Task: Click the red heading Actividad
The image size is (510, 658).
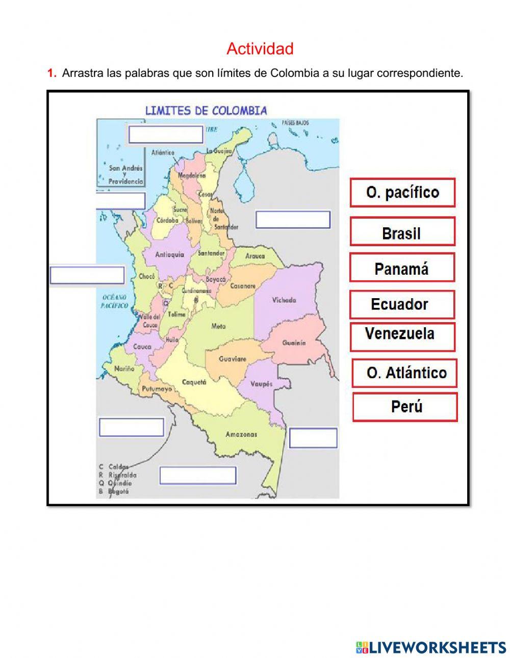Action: [x=260, y=49]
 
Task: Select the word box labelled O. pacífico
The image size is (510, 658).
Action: [x=402, y=192]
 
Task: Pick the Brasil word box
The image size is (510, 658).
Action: [x=402, y=233]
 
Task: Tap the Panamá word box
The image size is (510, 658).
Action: [x=402, y=269]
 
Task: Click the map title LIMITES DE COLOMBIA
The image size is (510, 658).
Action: [x=206, y=111]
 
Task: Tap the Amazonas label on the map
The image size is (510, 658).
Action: [x=241, y=434]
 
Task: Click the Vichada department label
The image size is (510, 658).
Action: [x=284, y=300]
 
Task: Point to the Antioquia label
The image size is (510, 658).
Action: [x=169, y=254]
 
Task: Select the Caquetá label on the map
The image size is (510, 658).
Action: [x=194, y=382]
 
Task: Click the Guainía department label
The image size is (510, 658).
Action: [x=294, y=343]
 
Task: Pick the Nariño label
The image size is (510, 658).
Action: [x=124, y=368]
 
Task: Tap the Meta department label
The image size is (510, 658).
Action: [x=218, y=326]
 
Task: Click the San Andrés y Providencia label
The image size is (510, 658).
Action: [x=125, y=174]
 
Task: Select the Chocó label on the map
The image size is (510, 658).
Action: [x=147, y=276]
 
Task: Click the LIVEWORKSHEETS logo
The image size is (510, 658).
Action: [x=431, y=647]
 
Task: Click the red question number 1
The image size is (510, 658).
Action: [x=52, y=73]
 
